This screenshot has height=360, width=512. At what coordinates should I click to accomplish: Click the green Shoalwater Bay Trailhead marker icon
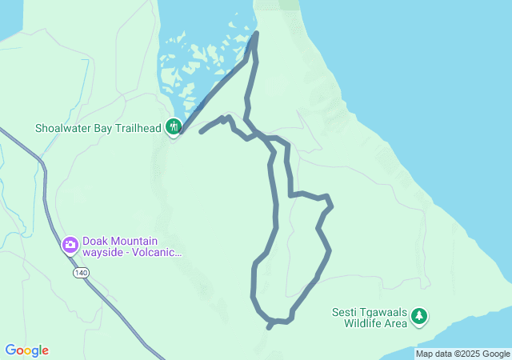pyautogui.click(x=173, y=126)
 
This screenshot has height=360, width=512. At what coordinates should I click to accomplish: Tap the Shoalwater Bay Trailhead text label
pyautogui.click(x=99, y=127)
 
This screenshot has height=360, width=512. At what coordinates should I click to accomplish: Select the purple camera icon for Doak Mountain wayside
pyautogui.click(x=70, y=244)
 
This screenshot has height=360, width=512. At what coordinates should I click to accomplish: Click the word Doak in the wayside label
pyautogui.click(x=95, y=241)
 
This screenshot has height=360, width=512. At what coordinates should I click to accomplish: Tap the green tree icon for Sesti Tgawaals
pyautogui.click(x=418, y=317)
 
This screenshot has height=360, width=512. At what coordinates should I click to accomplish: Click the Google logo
pyautogui.click(x=26, y=350)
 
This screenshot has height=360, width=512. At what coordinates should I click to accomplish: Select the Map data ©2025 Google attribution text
pyautogui.click(x=462, y=354)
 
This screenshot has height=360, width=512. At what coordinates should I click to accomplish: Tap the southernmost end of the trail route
pyautogui.click(x=270, y=326)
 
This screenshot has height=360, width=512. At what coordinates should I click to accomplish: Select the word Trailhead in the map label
pyautogui.click(x=138, y=127)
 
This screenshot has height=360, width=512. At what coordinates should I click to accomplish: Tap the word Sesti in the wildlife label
pyautogui.click(x=345, y=312)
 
